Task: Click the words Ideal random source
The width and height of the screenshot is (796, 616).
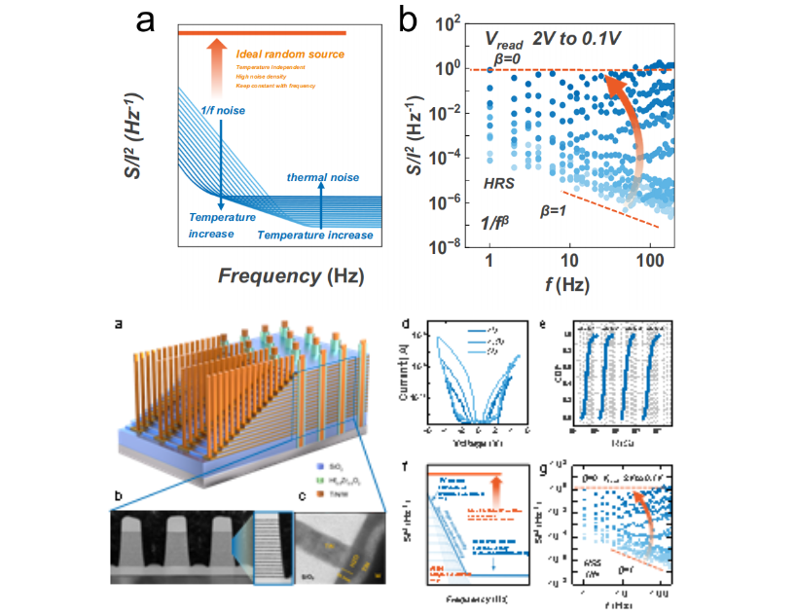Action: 289,53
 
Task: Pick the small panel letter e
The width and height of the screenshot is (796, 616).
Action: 541,323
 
